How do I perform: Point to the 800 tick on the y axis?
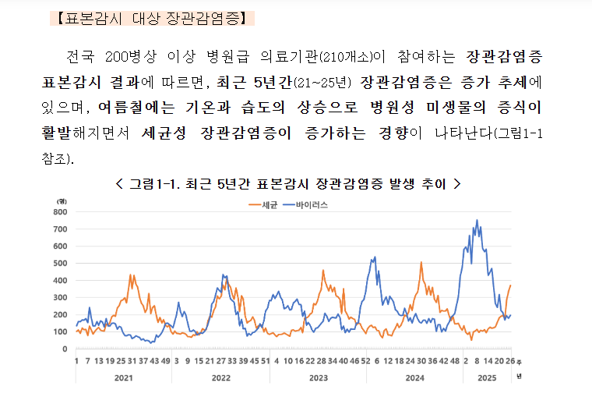62,211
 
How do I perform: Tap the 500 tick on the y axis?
62,263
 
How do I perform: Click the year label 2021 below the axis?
123,378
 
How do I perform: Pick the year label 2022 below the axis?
220,378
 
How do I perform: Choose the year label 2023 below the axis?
318,378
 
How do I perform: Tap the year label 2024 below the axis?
414,378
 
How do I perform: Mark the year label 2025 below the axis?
486,378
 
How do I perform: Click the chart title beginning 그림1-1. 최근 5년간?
288,184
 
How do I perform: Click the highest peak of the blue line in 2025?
477,221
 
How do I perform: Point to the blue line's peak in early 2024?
375,257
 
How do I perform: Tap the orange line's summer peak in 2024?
421,263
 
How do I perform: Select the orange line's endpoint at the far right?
510,285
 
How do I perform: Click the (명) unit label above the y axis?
62,200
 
